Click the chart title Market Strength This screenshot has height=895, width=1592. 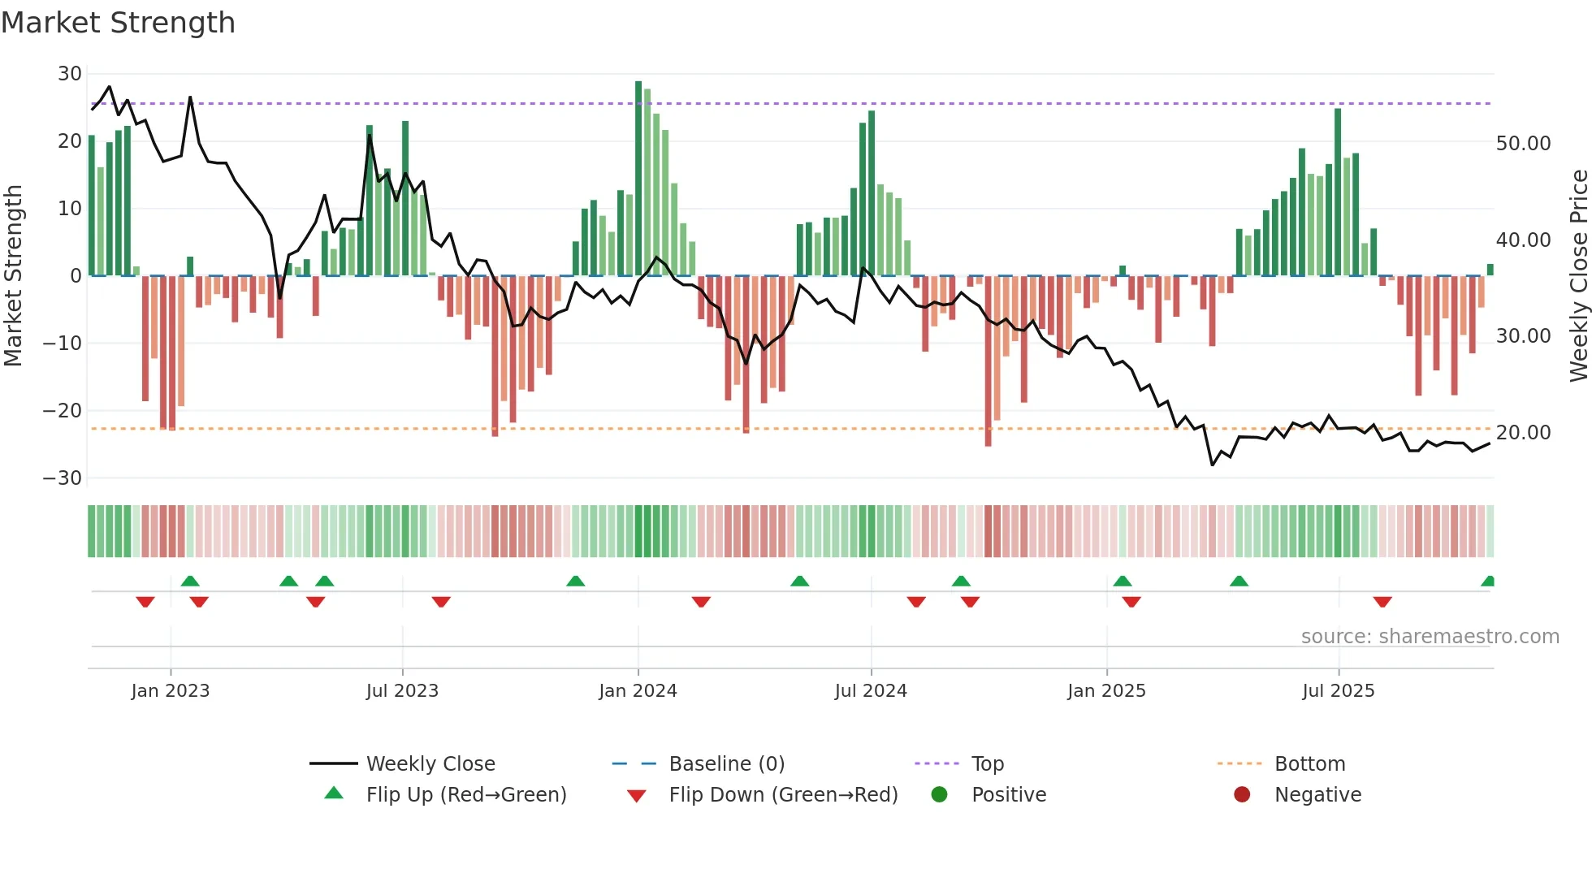click(x=118, y=23)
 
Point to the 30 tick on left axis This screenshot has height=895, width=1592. click(x=70, y=74)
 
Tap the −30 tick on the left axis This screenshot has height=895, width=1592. click(x=63, y=478)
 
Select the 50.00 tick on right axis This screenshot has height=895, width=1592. click(x=1523, y=144)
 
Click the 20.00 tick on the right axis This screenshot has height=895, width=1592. click(x=1523, y=433)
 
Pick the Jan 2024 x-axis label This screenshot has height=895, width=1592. click(x=638, y=691)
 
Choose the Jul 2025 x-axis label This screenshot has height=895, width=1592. click(x=1338, y=691)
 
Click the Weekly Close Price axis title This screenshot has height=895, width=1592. click(x=1578, y=276)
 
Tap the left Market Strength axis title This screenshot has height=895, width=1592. click(x=14, y=276)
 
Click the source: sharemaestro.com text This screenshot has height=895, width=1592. click(x=1430, y=637)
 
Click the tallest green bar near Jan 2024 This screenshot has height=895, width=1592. click(x=638, y=179)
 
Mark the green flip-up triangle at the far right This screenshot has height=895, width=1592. click(x=1488, y=582)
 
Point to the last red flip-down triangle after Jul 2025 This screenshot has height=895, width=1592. click(x=1382, y=602)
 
